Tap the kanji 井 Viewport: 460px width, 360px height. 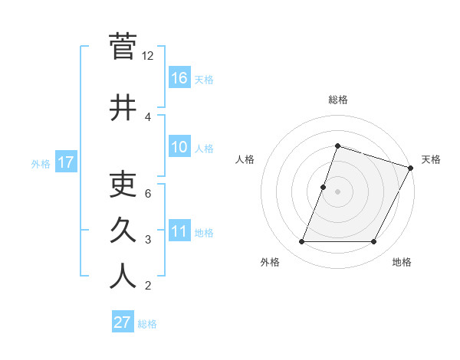123,108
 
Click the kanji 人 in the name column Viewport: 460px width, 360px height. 123,277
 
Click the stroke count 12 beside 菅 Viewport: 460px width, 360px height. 148,56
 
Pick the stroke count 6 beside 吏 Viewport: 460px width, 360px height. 148,193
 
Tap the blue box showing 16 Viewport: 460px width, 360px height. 179,78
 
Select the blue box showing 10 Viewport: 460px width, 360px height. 179,148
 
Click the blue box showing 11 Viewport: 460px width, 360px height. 179,232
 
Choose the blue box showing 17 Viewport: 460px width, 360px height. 66,162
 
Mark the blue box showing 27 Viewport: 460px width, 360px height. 123,322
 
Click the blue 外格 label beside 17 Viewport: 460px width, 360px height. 41,163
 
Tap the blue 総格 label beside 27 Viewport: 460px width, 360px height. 147,324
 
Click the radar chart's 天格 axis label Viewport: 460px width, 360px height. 431,159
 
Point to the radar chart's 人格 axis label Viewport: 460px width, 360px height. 245,159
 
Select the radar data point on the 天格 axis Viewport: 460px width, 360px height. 412,168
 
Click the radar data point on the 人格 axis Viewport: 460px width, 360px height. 324,187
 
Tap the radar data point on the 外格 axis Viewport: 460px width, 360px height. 301,242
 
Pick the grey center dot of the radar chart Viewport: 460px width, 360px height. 337,191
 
